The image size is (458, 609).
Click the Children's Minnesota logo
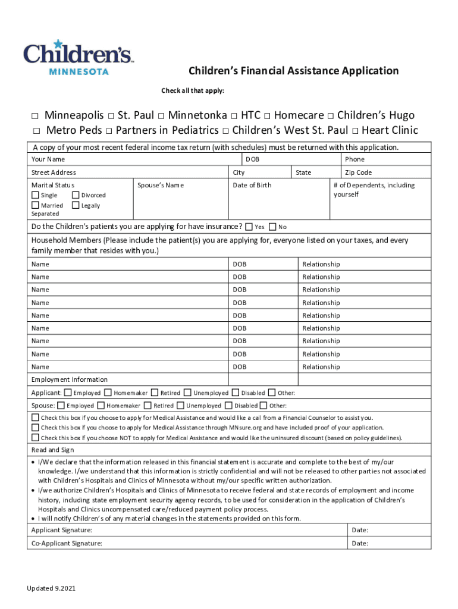(x=78, y=56)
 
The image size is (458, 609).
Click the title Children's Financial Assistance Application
(x=293, y=71)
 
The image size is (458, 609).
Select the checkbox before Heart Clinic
(x=355, y=131)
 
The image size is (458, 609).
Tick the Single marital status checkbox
(x=35, y=194)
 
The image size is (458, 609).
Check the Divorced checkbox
(x=76, y=194)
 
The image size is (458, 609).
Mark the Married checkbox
(x=35, y=205)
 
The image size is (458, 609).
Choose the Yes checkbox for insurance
(x=249, y=227)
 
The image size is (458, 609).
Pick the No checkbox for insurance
(x=272, y=227)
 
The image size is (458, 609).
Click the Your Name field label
(x=48, y=159)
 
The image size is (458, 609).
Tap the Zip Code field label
(x=358, y=172)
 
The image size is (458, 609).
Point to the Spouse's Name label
(x=161, y=185)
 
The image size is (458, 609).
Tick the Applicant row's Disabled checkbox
(x=236, y=393)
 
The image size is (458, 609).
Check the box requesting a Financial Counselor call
(x=36, y=417)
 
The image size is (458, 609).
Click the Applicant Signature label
(x=61, y=530)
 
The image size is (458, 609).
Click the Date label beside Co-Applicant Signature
(x=360, y=543)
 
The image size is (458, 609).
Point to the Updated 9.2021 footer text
(x=51, y=589)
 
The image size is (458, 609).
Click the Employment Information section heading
(x=70, y=379)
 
